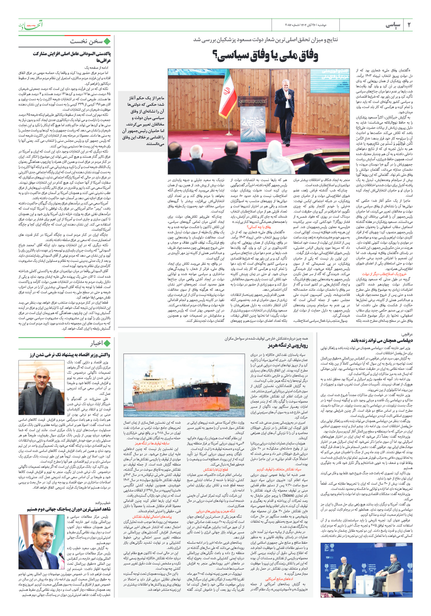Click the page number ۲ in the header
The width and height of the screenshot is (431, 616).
tap(409, 25)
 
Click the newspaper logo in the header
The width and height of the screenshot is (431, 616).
tap(30, 25)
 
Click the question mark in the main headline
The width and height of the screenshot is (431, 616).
tap(216, 55)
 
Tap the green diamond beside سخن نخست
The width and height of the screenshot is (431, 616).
tap(107, 41)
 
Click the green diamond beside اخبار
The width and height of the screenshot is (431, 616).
tap(107, 343)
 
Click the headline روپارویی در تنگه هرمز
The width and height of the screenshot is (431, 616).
tap(291, 346)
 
